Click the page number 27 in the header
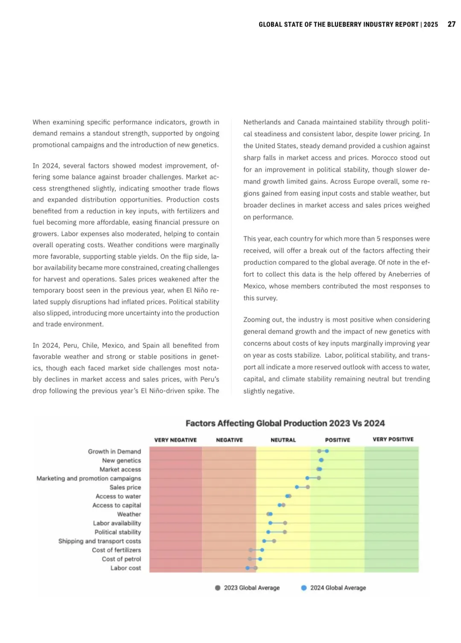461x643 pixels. [451, 24]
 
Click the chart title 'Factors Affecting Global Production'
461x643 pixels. [285, 423]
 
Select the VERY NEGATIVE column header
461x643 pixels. [175, 440]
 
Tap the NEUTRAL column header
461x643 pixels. [283, 440]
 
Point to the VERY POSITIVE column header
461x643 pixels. [393, 439]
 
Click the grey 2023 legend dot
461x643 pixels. [218, 588]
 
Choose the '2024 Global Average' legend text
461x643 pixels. [338, 588]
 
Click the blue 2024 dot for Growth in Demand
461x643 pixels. [327, 451]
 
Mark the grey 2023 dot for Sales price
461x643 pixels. [308, 487]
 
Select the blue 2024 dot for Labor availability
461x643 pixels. [270, 523]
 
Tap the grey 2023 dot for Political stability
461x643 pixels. [285, 532]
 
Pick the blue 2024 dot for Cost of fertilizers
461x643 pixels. [262, 550]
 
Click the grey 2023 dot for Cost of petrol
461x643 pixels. [250, 559]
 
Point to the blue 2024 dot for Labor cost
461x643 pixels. [248, 568]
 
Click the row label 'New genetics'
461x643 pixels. [121, 461]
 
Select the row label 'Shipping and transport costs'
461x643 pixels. [99, 541]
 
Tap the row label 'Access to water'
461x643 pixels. [118, 496]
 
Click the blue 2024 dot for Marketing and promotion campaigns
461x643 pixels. [307, 478]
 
